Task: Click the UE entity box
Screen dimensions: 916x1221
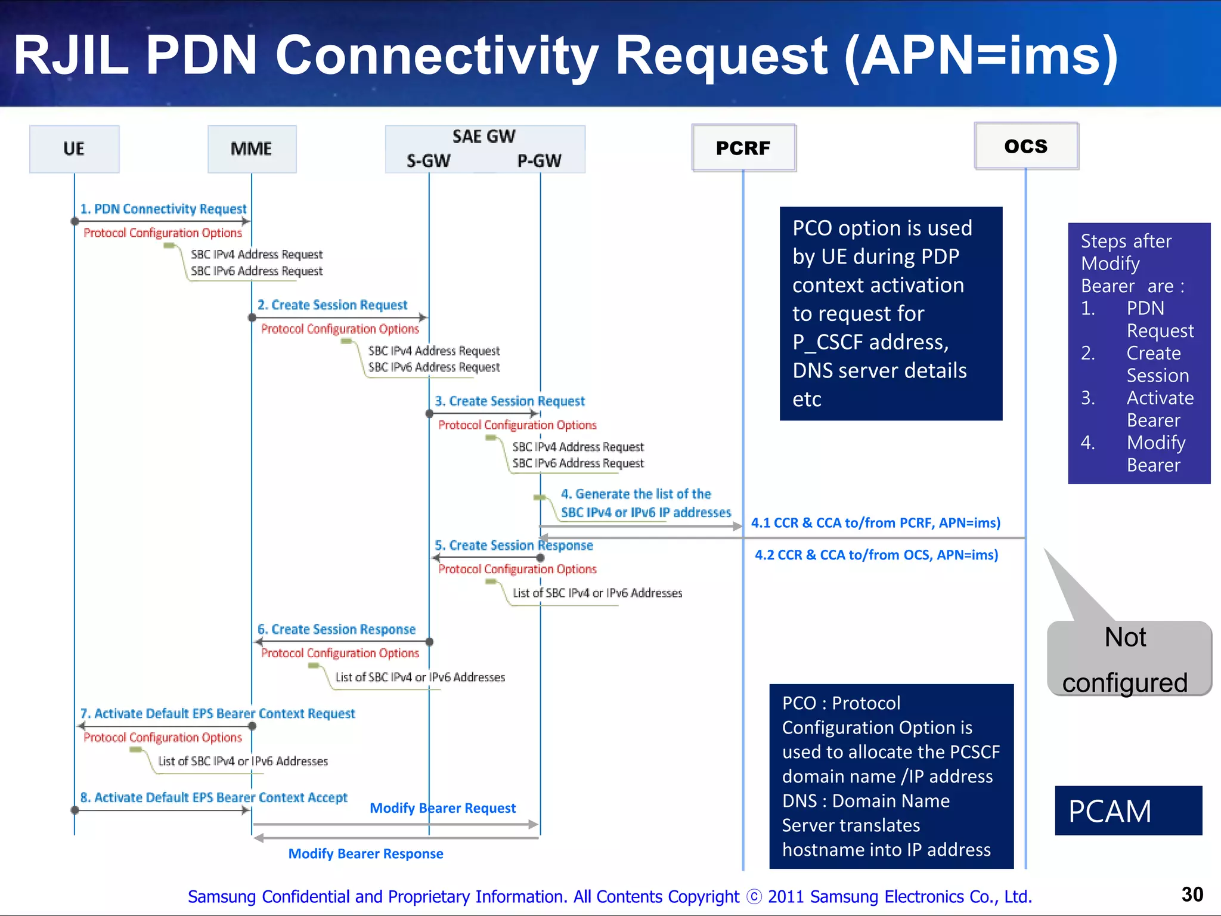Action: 74,149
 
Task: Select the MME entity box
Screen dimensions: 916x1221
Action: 252,149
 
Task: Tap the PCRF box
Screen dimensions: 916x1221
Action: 743,148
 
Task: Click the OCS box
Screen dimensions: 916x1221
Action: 1026,146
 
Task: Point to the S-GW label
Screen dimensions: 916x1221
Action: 428,161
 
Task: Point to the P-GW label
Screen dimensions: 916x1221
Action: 539,161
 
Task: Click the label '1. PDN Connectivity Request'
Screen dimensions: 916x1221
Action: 163,209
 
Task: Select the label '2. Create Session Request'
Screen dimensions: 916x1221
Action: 332,305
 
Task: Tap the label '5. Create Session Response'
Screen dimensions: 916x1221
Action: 513,546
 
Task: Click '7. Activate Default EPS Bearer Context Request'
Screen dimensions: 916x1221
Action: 218,714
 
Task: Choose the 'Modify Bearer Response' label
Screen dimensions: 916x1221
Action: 365,854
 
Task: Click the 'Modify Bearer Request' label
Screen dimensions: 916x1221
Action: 442,808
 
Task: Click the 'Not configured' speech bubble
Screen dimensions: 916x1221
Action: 1126,659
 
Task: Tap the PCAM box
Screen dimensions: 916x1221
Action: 1128,811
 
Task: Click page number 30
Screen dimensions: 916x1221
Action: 1192,895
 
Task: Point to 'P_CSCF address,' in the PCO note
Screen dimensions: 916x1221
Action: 870,342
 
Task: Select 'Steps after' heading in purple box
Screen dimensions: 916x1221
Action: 1126,241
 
